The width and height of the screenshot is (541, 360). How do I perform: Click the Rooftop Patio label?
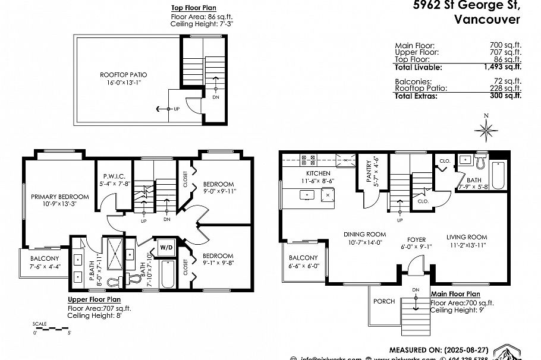(x=123, y=74)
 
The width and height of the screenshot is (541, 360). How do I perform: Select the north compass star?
(x=486, y=128)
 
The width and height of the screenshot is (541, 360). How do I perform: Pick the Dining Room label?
(x=365, y=234)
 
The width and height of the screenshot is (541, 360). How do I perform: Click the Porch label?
(x=384, y=301)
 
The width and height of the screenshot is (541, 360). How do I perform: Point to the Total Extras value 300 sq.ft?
(x=506, y=95)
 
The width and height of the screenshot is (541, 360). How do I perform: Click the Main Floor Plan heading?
(x=455, y=293)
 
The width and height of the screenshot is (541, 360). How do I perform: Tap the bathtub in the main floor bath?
(x=498, y=175)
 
